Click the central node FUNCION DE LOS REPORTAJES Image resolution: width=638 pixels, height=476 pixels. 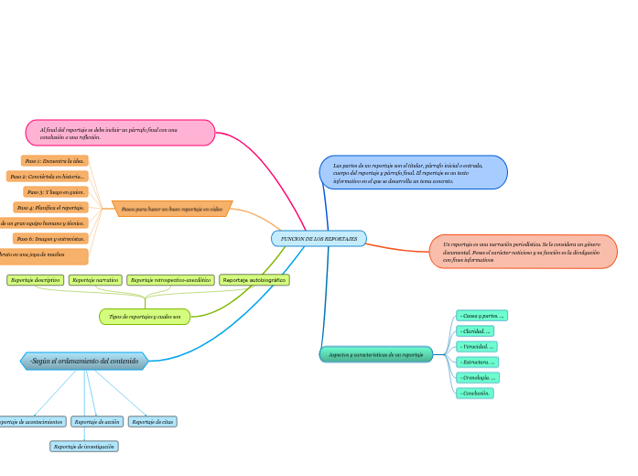[319, 238]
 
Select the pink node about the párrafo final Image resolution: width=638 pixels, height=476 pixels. [120, 133]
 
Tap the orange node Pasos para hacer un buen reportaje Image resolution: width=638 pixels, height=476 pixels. [172, 209]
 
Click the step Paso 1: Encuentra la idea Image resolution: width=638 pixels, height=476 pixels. [55, 161]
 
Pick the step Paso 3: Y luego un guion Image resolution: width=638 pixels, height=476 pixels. [56, 192]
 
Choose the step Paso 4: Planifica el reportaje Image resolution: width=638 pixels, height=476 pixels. [50, 208]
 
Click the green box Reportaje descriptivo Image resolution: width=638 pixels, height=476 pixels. [36, 279]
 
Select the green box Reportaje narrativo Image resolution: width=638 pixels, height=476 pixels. [95, 279]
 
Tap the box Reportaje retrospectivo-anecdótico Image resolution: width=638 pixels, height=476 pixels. [170, 279]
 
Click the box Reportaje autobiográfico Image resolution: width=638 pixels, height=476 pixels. [254, 279]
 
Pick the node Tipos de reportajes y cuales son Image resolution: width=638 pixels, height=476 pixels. [145, 317]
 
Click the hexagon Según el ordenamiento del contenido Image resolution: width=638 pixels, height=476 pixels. [84, 362]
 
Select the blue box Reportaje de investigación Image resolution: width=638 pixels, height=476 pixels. [84, 447]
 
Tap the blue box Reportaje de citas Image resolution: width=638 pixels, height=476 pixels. [152, 422]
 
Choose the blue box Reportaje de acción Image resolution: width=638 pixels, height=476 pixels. [97, 422]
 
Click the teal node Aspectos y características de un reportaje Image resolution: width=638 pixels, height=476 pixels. [376, 354]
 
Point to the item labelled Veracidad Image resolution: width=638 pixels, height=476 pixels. [477, 346]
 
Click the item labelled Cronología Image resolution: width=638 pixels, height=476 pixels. [478, 377]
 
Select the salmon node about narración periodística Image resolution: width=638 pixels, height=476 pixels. [523, 252]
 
